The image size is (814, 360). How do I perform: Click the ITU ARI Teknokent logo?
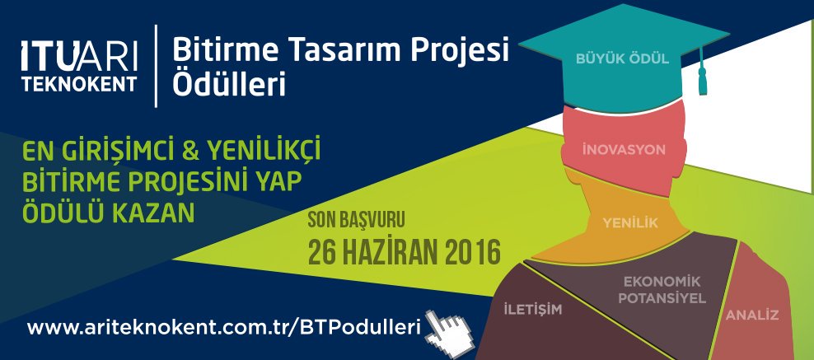pyautogui.click(x=79, y=65)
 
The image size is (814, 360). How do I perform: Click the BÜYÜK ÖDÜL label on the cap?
pyautogui.click(x=622, y=58)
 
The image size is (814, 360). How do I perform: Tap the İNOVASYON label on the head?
pyautogui.click(x=624, y=150)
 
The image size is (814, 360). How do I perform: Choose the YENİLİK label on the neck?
pyautogui.click(x=630, y=223)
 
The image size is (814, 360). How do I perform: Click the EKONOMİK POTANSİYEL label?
pyautogui.click(x=662, y=291)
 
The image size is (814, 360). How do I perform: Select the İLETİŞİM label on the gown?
pyautogui.click(x=533, y=311)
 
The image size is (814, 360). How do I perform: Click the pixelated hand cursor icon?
pyautogui.click(x=448, y=333)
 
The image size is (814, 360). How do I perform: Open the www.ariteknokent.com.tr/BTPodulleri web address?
pyautogui.click(x=223, y=329)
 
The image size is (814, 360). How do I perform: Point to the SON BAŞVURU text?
pyautogui.click(x=356, y=220)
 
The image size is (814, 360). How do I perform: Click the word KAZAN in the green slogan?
pyautogui.click(x=152, y=213)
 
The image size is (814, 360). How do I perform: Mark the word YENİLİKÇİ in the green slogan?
pyautogui.click(x=264, y=152)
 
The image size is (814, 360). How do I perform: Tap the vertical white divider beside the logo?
pyautogui.click(x=157, y=66)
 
